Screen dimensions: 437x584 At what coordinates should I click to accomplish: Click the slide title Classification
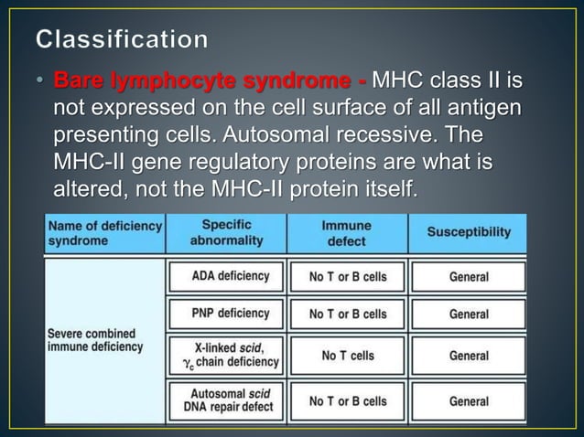(x=123, y=39)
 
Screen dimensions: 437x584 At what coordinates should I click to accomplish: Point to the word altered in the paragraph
(x=89, y=190)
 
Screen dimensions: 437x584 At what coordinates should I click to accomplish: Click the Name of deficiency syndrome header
(x=104, y=232)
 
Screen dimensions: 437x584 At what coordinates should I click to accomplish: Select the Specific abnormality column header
(x=226, y=232)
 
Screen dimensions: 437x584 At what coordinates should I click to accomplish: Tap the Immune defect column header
(x=347, y=232)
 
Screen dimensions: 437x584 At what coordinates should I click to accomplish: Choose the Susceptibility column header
(x=469, y=232)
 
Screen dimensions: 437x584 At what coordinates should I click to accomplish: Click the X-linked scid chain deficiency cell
(x=225, y=355)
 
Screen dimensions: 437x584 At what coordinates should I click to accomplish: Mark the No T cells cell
(x=348, y=355)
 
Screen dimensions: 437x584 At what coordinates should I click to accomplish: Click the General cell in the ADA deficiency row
(x=469, y=276)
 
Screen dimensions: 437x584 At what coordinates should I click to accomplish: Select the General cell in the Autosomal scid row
(x=469, y=400)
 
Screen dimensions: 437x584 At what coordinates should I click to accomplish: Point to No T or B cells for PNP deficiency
(x=348, y=314)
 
